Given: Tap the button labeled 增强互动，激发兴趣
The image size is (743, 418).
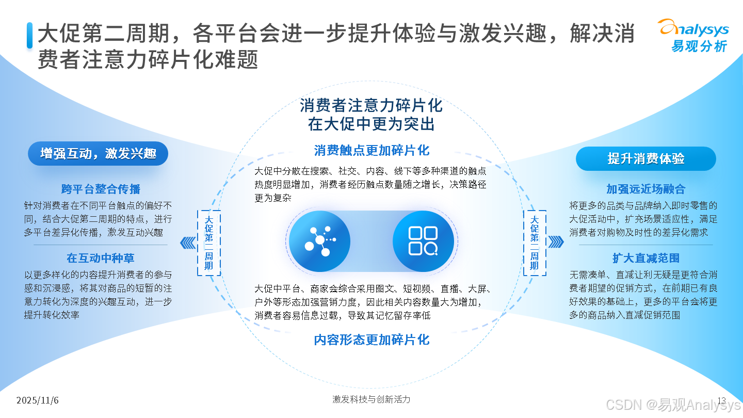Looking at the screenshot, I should tap(98, 154).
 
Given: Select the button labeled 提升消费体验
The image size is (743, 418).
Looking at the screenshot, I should tap(645, 159).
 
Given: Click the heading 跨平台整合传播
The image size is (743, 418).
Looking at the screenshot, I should tap(101, 189).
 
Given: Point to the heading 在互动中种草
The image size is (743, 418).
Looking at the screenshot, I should tap(101, 258).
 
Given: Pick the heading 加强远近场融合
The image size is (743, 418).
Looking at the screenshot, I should tap(645, 189).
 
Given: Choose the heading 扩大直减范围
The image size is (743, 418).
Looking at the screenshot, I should tap(645, 258).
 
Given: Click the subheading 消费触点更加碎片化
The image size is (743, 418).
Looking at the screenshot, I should tap(372, 150).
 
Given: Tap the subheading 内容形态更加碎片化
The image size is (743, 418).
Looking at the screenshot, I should tap(372, 340).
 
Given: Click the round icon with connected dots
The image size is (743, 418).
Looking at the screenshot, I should tap(319, 241).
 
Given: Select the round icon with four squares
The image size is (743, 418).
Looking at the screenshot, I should tap(423, 241).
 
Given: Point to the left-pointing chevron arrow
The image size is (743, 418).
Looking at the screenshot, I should tap(188, 242).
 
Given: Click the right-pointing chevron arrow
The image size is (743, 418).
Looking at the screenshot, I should tap(555, 242).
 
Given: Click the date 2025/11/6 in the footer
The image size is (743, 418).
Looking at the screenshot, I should tap(37, 400).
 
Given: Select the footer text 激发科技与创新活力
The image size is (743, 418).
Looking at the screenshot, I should tap(372, 399).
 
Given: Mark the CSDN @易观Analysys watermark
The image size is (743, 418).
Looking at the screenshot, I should tap(673, 405).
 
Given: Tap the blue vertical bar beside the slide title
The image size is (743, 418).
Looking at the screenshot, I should tap(30, 36).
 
